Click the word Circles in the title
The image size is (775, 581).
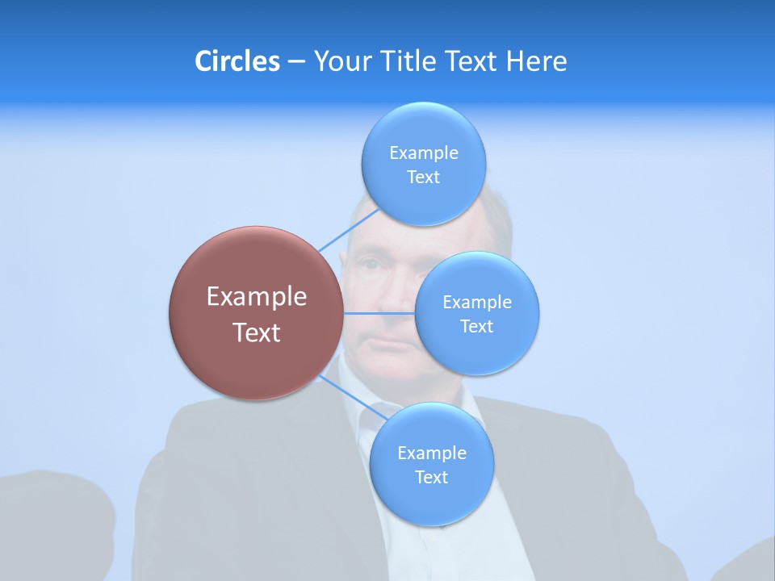[x=237, y=61]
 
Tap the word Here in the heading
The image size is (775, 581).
[x=536, y=61]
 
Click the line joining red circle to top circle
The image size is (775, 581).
[x=349, y=229]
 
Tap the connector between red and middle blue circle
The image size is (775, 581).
[x=379, y=313]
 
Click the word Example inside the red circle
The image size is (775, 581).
[x=257, y=297]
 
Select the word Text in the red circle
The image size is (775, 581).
[x=257, y=332]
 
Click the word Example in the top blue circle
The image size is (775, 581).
[x=424, y=153]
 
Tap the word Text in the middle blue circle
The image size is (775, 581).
[x=476, y=326]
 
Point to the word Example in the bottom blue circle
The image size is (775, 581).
[x=432, y=454]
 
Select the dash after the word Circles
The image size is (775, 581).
[x=296, y=61]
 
